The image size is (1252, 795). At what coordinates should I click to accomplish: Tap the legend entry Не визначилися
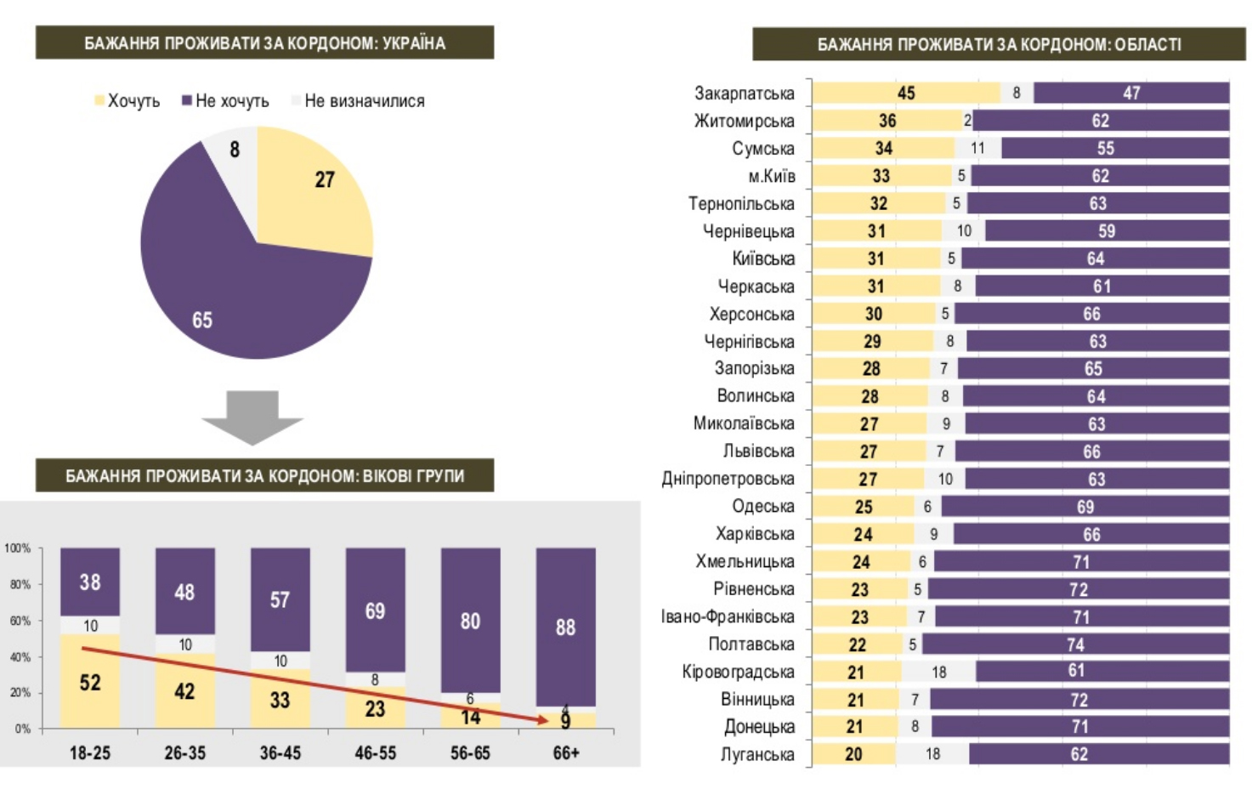point(364,101)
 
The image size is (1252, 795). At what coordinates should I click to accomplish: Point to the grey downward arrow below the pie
point(252,417)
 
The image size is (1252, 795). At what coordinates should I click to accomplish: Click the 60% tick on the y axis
point(20,621)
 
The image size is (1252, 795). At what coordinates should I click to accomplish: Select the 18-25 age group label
point(90,753)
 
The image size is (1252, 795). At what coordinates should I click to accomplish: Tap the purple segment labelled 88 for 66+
point(565,627)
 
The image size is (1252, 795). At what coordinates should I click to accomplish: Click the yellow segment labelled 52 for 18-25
point(90,682)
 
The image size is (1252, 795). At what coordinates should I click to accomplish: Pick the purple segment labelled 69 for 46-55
point(375,610)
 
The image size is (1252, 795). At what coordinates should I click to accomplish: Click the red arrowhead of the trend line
point(541,720)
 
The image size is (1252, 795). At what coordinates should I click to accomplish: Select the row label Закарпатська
point(745,94)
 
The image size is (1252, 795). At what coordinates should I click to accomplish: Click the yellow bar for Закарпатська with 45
point(906,94)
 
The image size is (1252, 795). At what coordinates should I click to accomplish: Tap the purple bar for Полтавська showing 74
point(1075,645)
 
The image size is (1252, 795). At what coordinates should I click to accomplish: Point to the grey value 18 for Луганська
point(932,754)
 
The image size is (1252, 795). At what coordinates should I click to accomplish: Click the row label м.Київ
point(772,176)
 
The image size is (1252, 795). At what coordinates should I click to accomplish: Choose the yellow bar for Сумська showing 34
point(884,149)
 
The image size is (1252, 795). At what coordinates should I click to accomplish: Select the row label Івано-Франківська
point(728,616)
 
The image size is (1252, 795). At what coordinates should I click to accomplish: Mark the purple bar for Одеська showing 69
point(1085,507)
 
